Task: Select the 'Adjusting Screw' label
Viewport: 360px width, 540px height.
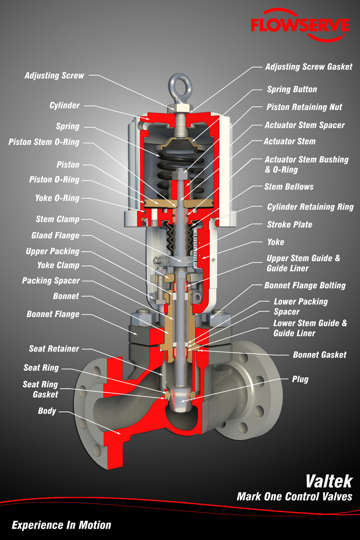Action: pyautogui.click(x=54, y=75)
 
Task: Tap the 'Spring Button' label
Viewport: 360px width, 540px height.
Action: pyautogui.click(x=292, y=89)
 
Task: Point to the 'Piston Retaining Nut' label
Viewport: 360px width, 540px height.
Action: pyautogui.click(x=304, y=107)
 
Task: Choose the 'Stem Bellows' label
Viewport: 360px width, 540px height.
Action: pyautogui.click(x=289, y=186)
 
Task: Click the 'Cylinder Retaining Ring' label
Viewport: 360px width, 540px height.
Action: pyautogui.click(x=310, y=206)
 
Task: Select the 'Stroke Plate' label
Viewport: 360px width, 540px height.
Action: pyautogui.click(x=289, y=224)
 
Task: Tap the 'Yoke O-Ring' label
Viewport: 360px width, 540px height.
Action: pyautogui.click(x=57, y=198)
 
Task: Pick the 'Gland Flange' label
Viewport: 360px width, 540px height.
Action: pyautogui.click(x=55, y=235)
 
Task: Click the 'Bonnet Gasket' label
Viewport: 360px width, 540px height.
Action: pyautogui.click(x=319, y=354)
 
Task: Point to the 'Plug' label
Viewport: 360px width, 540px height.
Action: pyautogui.click(x=300, y=379)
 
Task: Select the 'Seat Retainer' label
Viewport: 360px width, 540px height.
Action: pyautogui.click(x=54, y=348)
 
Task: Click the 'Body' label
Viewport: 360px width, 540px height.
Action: pyautogui.click(x=47, y=411)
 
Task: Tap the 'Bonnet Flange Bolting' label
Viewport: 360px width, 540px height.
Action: pyautogui.click(x=305, y=285)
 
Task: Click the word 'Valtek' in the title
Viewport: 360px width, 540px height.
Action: pyautogui.click(x=329, y=481)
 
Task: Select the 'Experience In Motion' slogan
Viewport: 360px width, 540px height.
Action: pyautogui.click(x=61, y=524)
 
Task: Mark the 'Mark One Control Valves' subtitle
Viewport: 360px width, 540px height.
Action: pyautogui.click(x=294, y=496)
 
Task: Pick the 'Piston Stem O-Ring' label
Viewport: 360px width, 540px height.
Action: pyautogui.click(x=44, y=142)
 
